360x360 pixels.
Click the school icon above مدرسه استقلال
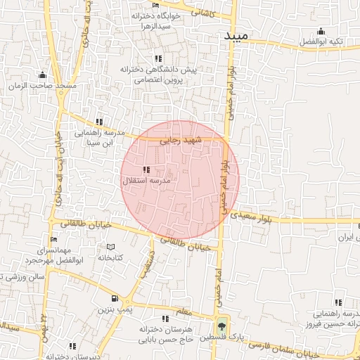(x=146, y=169)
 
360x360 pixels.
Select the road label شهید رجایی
(x=181, y=141)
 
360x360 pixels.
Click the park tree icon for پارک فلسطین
(x=222, y=325)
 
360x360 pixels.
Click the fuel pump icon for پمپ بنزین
(x=115, y=299)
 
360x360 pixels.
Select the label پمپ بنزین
(x=115, y=310)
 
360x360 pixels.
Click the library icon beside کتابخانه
(x=110, y=247)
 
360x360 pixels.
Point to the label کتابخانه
(x=110, y=258)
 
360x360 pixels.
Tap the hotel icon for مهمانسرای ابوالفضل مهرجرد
(x=53, y=240)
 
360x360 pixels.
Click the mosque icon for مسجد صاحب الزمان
(x=43, y=75)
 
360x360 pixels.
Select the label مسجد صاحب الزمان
(x=44, y=86)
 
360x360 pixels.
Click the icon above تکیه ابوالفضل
(x=321, y=31)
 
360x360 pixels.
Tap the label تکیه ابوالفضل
(x=321, y=42)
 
